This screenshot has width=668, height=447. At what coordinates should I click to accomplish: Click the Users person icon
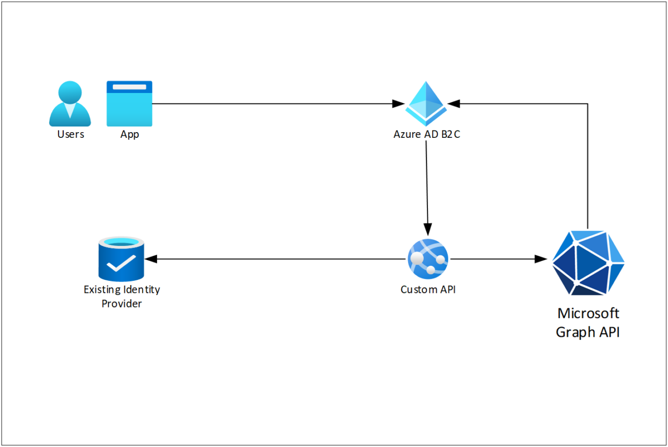[x=70, y=104]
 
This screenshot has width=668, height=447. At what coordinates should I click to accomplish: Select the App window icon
[x=129, y=104]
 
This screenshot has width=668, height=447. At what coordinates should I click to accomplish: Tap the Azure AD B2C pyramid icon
[x=426, y=101]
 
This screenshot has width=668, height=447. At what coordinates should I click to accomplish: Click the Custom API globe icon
[x=428, y=258]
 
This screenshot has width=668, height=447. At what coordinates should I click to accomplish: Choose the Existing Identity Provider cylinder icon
[x=121, y=259]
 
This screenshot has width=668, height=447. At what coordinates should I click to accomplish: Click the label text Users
[x=70, y=134]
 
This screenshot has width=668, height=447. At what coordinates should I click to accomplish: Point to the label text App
[x=129, y=135]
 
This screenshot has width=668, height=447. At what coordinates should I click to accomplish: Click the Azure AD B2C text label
[x=427, y=134]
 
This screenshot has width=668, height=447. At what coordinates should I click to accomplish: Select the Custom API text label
[x=428, y=289]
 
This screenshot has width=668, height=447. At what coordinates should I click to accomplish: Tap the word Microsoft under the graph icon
[x=588, y=313]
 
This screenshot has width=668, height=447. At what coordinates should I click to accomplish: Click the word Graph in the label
[x=575, y=333]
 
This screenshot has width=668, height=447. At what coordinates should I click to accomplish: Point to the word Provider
[x=122, y=303]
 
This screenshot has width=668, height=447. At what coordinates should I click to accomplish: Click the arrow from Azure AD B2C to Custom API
[x=427, y=188]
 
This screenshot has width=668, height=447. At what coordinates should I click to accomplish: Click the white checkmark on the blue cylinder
[x=121, y=265]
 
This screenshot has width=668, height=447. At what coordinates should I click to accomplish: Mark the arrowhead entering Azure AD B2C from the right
[x=454, y=104]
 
